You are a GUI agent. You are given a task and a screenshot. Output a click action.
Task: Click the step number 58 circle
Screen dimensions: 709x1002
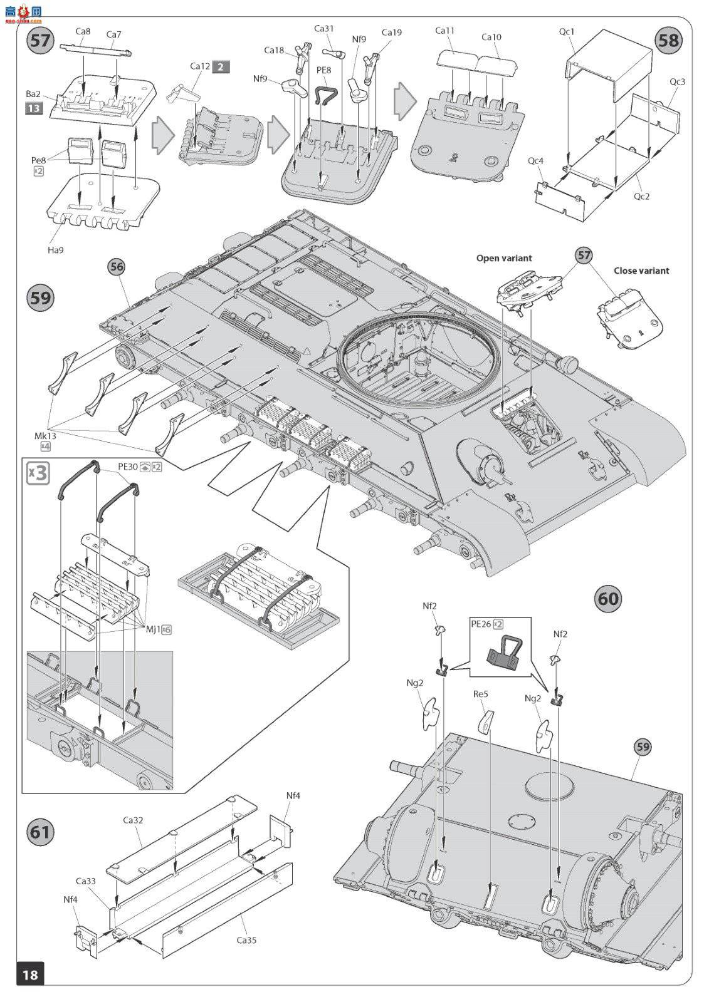coord(669,41)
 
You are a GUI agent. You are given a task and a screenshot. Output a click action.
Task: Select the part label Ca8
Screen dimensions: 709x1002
coord(83,31)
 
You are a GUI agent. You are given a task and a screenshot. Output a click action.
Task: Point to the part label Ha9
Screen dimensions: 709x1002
coord(56,250)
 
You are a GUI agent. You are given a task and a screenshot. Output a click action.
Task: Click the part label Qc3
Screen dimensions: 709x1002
coord(677,82)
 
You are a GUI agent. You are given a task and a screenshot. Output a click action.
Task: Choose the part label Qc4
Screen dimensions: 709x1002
coord(536,160)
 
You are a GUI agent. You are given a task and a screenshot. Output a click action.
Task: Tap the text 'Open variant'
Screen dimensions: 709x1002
coord(504,258)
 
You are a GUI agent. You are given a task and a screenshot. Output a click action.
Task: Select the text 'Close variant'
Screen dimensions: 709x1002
coord(641,271)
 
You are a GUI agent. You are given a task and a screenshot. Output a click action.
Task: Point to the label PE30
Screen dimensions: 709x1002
coord(128,466)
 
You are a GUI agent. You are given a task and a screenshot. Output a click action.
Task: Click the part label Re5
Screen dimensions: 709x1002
coord(481,695)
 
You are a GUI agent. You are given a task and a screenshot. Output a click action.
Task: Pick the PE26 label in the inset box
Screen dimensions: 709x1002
coord(481,624)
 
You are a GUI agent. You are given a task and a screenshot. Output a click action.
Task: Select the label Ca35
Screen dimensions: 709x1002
coord(246,940)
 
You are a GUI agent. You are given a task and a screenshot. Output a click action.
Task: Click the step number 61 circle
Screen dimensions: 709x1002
coord(40,832)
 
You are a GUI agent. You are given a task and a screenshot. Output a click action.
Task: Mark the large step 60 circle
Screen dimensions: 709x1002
coord(608,599)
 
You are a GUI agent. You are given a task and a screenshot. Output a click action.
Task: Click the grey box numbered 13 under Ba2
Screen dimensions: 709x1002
coord(34,108)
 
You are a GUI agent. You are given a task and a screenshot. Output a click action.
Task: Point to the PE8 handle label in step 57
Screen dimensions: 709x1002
coord(324,70)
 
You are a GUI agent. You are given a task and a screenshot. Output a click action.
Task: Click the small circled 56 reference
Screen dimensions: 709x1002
coord(117,267)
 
